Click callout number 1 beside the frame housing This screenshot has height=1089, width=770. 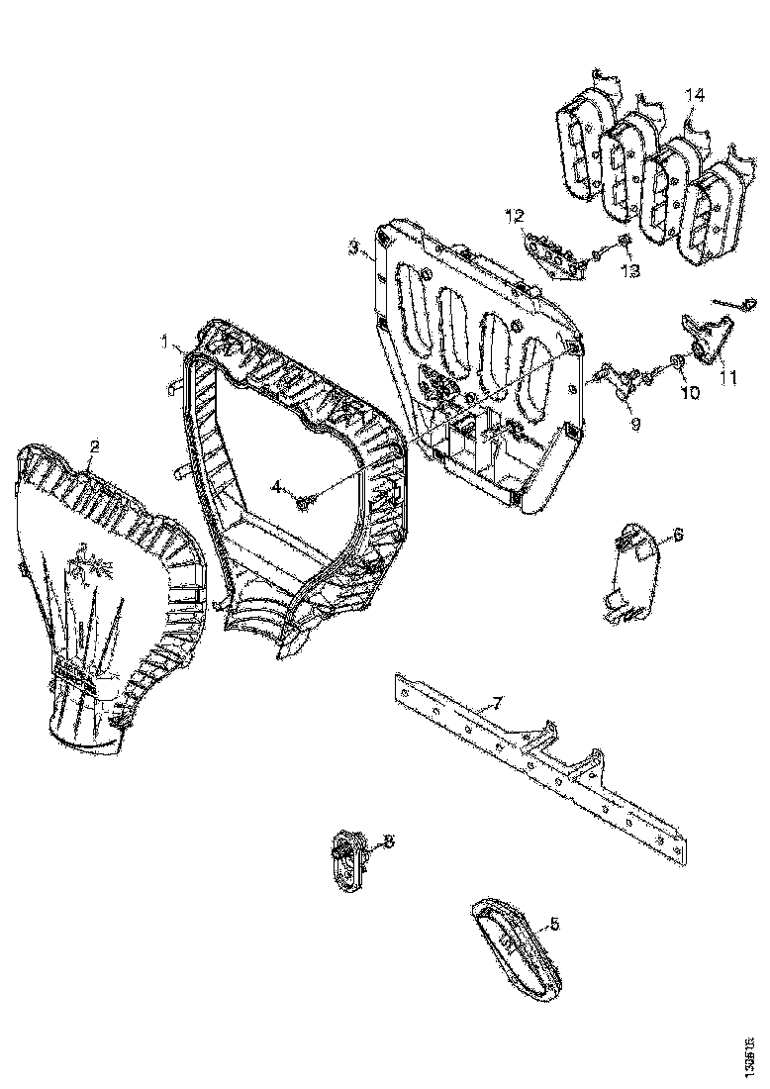click(x=166, y=342)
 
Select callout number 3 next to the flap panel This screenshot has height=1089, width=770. click(x=353, y=248)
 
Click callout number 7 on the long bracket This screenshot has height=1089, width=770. click(x=498, y=704)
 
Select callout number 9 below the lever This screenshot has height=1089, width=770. click(x=634, y=423)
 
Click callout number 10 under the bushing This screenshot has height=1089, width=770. click(x=689, y=392)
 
